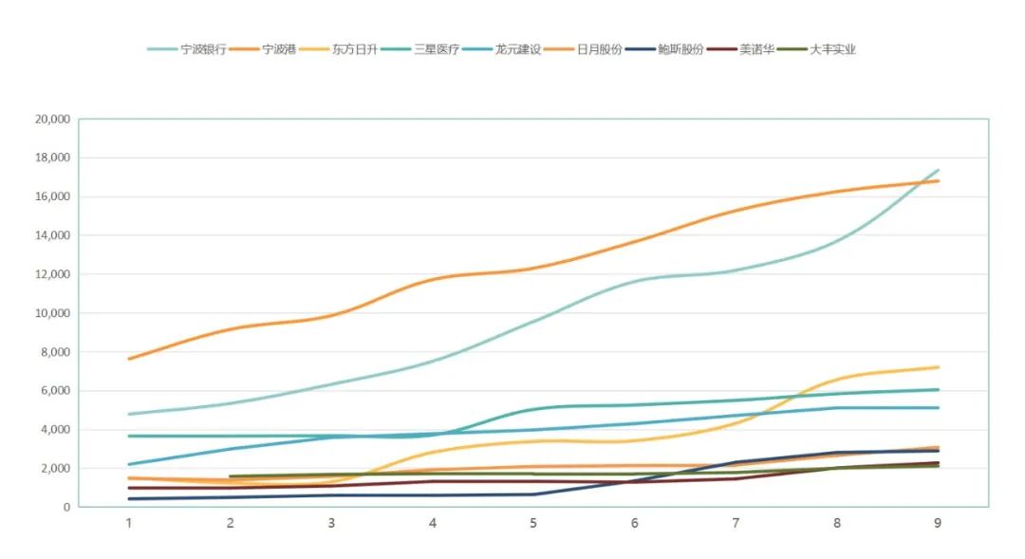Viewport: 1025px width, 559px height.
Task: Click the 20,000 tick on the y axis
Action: (52, 120)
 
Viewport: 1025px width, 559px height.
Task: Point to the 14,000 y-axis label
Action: (52, 235)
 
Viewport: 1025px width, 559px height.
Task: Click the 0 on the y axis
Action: (66, 508)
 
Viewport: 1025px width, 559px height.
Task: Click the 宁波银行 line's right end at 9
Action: (938, 171)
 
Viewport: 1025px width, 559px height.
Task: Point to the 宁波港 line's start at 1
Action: (129, 359)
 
